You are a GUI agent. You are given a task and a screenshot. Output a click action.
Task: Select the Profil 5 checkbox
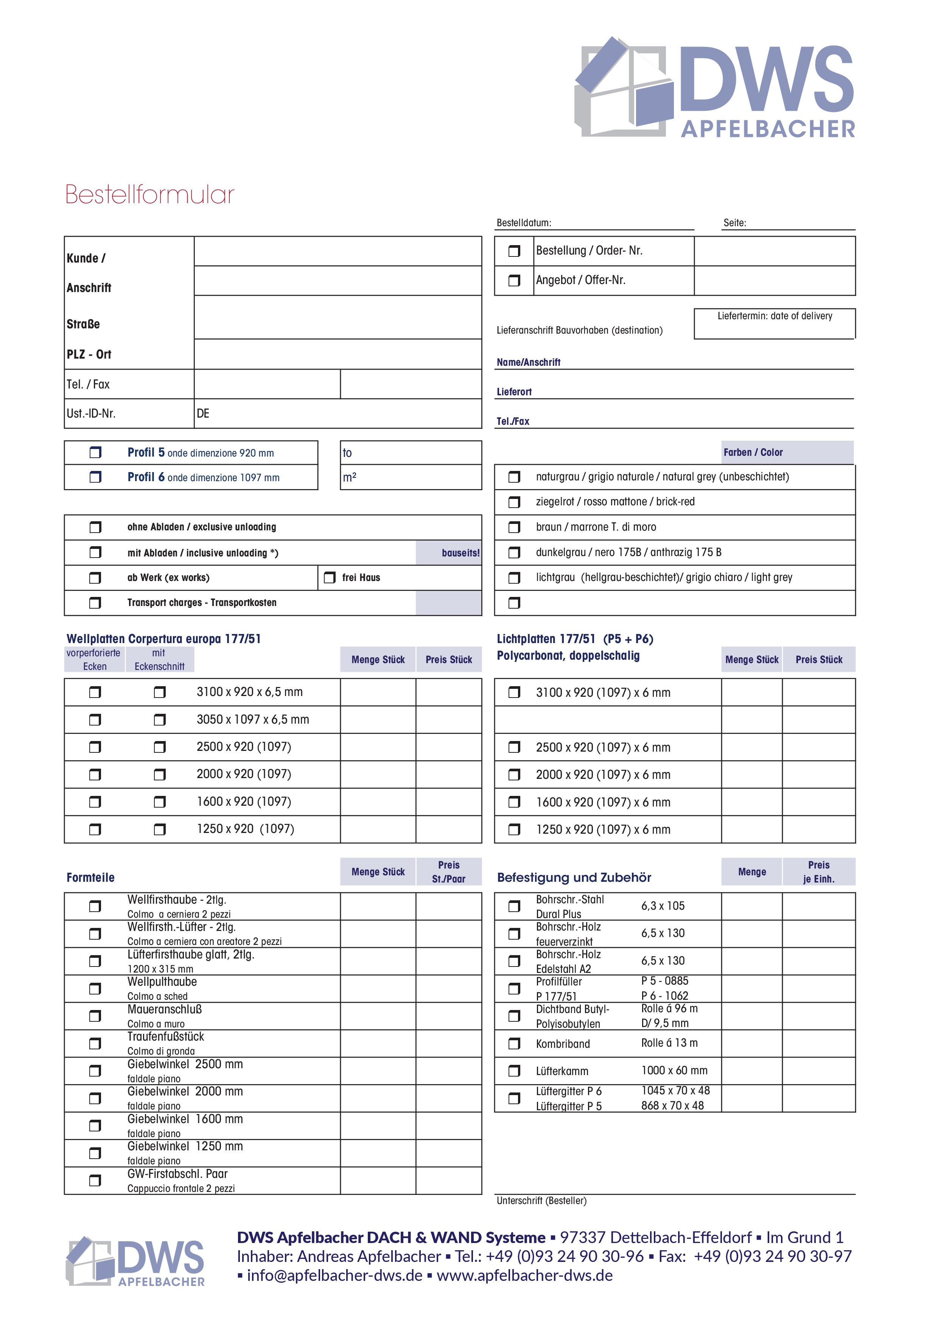95,452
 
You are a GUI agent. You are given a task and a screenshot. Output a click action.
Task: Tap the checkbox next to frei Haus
330,577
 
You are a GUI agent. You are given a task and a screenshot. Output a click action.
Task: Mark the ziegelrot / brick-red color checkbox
514,502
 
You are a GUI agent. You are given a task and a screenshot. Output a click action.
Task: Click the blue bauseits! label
460,553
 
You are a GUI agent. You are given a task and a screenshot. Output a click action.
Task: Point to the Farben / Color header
753,452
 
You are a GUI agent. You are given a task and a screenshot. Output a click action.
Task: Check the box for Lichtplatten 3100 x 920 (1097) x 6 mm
514,692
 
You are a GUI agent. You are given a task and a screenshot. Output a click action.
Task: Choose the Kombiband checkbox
514,1044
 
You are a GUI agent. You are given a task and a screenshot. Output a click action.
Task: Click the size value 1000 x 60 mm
674,1071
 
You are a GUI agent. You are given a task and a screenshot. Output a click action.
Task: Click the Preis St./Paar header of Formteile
448,872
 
